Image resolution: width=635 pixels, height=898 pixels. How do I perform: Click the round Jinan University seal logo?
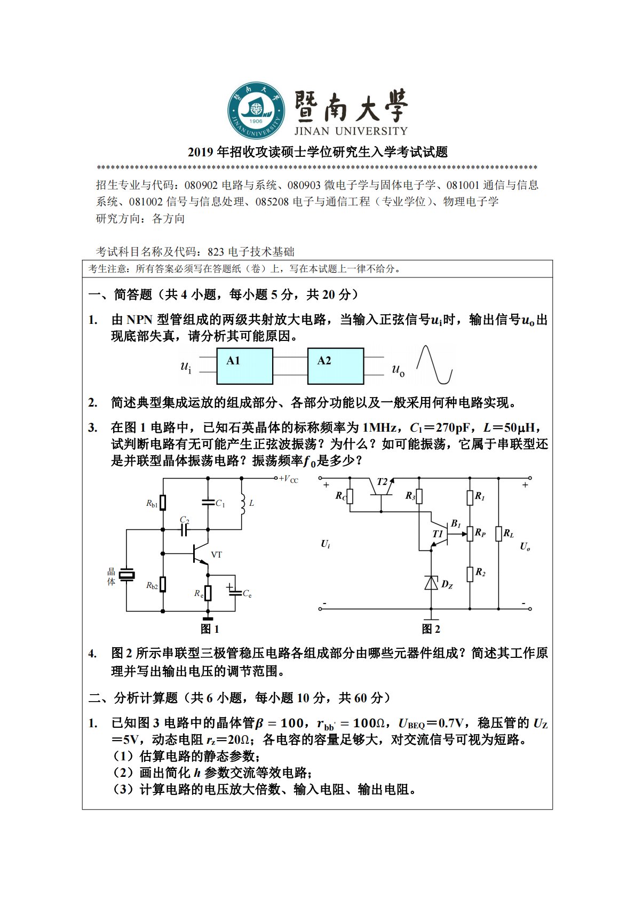(x=257, y=110)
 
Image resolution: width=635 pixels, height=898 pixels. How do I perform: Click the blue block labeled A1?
(x=244, y=366)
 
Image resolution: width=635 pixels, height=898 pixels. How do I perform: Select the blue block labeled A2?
(x=336, y=366)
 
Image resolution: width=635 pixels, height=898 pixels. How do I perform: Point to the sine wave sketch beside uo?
(x=434, y=364)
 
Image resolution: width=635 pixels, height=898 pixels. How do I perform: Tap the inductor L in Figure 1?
(x=242, y=503)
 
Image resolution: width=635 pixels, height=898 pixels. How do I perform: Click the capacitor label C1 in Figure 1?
(x=220, y=503)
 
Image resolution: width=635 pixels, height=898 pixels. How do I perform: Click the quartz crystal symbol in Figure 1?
(x=126, y=575)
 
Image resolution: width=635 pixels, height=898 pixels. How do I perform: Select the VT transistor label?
(x=216, y=555)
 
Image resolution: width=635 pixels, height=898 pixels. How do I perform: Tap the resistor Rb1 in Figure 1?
(x=163, y=503)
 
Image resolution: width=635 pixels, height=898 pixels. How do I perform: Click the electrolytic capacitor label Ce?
(x=247, y=594)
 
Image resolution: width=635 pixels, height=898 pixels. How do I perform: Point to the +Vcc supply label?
(x=288, y=479)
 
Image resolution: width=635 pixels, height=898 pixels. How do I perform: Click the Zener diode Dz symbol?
(x=431, y=583)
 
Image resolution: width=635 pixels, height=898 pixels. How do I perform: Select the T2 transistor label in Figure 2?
(x=382, y=482)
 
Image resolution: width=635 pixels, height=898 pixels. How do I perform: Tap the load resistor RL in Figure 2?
(x=498, y=534)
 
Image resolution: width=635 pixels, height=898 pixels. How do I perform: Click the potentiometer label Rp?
(x=480, y=533)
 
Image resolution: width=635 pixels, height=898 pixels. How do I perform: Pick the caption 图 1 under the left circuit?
(x=210, y=629)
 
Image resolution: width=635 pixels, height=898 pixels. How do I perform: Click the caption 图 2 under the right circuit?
(x=431, y=629)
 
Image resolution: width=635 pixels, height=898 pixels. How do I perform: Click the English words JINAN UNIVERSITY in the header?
(x=351, y=131)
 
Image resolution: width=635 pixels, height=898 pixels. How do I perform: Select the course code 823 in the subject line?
(x=216, y=252)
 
